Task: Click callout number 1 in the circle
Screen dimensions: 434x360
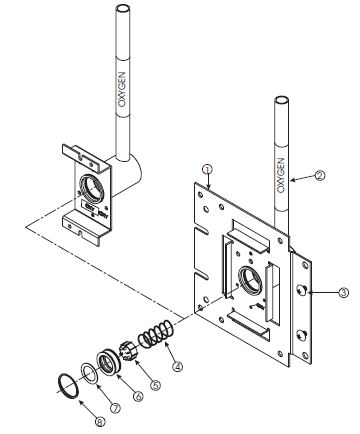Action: (206, 171)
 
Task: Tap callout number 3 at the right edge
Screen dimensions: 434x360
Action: (315, 293)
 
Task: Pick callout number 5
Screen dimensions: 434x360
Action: (154, 383)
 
